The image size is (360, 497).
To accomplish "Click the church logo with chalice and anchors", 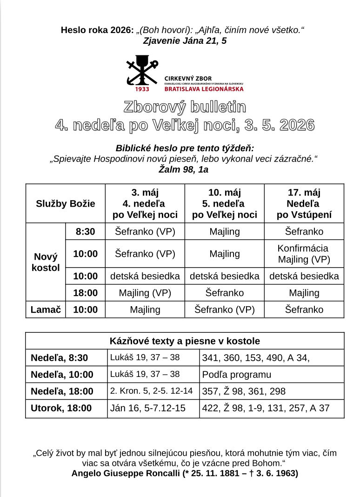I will pos(142,70).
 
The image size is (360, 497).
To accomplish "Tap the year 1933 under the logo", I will pos(142,89).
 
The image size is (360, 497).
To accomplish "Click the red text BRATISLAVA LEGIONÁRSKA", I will pos(204,89).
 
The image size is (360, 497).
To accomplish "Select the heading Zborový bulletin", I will pos(185,107).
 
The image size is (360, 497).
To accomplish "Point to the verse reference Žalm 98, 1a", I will pos(184,169).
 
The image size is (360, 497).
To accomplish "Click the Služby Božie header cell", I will pos(66,203).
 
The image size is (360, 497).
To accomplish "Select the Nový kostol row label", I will pos(46,262).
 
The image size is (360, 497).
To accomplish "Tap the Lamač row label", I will pos(46,309).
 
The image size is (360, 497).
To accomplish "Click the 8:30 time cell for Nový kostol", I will pos(86,232).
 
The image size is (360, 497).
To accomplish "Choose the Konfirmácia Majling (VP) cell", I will pos(304,254).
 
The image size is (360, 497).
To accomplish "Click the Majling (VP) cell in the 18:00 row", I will pos(145,293).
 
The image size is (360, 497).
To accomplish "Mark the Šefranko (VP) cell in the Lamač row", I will pos(224,309).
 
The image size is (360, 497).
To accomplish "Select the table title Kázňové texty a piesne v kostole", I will pos(185,341).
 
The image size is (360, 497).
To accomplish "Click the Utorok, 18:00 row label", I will pos(61,408).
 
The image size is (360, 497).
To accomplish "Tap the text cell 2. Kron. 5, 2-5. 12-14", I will pos(151,391).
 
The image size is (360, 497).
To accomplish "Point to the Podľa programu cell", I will pos(237,375).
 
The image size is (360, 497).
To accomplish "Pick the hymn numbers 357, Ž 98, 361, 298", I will pos(244,391).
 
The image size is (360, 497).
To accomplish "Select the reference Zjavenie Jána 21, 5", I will pos(185,41).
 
